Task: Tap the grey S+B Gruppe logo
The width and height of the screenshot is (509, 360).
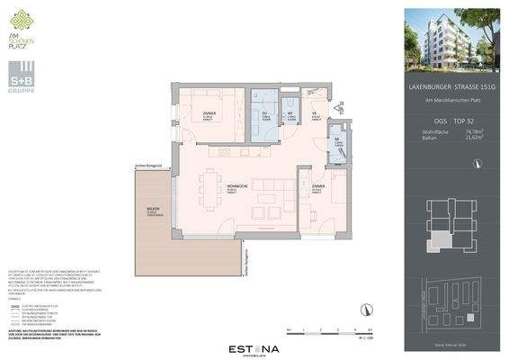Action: tap(23, 72)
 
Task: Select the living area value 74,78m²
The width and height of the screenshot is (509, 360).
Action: tap(474, 131)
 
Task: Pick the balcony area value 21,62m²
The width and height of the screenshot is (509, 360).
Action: tap(474, 138)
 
